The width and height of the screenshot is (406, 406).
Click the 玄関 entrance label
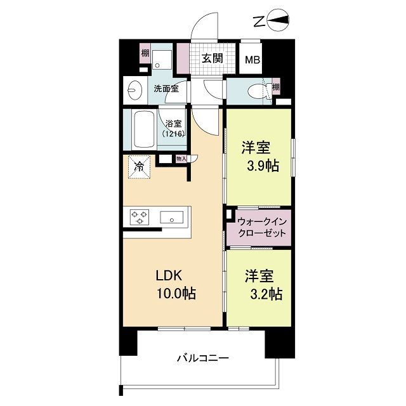pos(212,58)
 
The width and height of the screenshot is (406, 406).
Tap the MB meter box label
pos(253,61)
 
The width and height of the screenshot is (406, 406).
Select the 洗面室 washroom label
pos(166,89)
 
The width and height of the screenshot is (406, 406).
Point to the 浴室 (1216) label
pos(173,129)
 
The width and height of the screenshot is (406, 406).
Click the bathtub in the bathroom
pos(144,129)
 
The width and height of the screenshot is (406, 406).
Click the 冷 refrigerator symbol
pos(139,167)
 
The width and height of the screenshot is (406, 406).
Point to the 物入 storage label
pos(181,159)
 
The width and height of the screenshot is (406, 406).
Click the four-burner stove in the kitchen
pos(139,218)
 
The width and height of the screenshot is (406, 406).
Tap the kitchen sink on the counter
pos(171,218)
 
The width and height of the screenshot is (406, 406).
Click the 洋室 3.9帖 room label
pos(259,156)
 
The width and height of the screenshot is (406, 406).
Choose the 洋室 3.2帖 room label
pos(261,285)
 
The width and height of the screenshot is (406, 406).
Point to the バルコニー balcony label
pos(202,358)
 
